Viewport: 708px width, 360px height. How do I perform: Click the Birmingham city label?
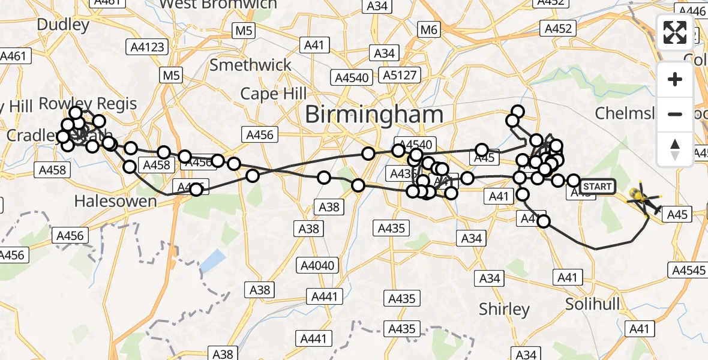(x=374, y=114)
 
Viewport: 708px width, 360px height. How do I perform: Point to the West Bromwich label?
(x=219, y=4)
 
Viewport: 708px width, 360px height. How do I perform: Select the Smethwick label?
(x=250, y=65)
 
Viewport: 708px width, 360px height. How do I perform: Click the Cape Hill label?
(x=273, y=94)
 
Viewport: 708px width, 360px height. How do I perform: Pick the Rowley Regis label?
(x=88, y=104)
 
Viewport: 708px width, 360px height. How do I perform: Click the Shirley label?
(x=504, y=309)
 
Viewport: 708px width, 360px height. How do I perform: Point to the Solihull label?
(x=593, y=304)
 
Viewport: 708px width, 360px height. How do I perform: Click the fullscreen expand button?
(x=675, y=32)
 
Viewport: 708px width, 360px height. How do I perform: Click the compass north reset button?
(x=675, y=149)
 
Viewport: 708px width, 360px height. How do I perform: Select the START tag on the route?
(x=597, y=187)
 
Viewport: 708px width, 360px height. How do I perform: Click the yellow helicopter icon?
(x=641, y=197)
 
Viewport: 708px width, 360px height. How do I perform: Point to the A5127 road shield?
(x=402, y=75)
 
